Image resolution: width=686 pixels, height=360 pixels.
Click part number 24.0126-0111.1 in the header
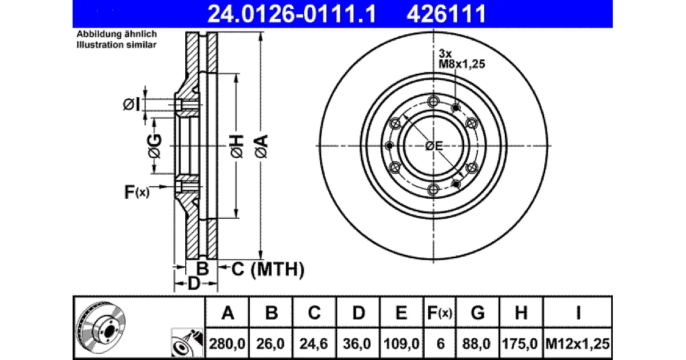pos(292,14)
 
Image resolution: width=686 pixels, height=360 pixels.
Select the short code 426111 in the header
pos(446,14)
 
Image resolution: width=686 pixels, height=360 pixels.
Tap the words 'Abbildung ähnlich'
pos(117,34)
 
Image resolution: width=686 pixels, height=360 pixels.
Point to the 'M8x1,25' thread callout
pos(461,64)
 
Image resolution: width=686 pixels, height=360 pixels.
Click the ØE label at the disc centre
pos(434,146)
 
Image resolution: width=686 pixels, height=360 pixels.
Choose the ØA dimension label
pos(261,146)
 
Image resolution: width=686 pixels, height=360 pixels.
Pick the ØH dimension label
pos(237,146)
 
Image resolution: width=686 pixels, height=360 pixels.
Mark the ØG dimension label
pos(155,146)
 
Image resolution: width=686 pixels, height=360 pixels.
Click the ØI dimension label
pos(131,105)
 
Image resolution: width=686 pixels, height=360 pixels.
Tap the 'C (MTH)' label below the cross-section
pos(268,269)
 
